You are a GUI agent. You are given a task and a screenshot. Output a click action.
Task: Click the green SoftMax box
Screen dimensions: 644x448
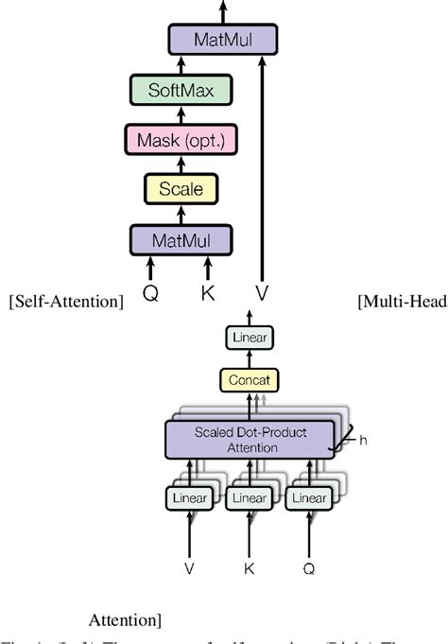(180, 91)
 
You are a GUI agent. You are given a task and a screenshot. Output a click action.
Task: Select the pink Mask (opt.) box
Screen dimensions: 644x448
(180, 140)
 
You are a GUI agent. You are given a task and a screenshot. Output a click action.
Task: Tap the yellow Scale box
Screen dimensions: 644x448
(180, 189)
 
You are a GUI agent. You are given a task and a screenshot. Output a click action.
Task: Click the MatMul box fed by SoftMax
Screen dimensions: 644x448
(222, 40)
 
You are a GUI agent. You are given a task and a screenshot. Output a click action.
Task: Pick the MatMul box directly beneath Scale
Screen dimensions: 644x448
(180, 238)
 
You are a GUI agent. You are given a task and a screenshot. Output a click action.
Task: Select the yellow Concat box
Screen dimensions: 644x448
(250, 380)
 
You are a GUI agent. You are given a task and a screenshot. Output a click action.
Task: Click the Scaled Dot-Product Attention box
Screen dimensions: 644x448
(250, 440)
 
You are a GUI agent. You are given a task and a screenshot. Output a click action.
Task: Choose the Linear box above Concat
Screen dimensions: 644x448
(250, 337)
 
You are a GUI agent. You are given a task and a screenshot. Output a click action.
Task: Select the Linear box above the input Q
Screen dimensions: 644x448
(307, 497)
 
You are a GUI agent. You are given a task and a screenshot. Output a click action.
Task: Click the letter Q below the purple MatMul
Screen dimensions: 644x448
(149, 293)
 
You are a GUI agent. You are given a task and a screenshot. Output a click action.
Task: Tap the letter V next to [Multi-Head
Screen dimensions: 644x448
(263, 293)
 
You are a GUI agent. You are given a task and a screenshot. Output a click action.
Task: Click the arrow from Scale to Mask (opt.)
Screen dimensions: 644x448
(180, 165)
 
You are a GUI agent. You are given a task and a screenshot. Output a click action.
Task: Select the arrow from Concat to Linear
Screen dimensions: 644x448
(250, 358)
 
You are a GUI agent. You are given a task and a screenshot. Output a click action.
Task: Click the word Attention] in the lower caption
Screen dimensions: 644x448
(125, 620)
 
